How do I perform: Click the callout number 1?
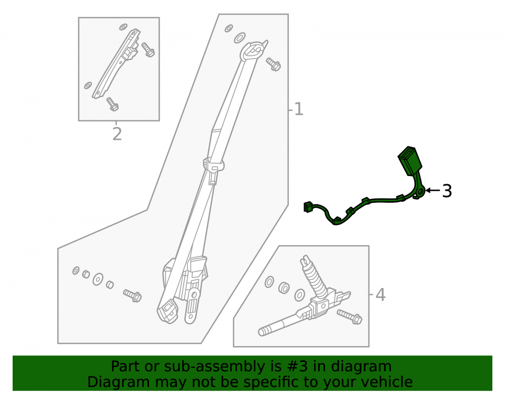pos(298,109)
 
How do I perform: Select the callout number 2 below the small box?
pos(117,134)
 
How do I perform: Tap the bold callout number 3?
pos(447,191)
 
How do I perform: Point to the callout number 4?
pos(380,295)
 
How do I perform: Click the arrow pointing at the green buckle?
pos(433,190)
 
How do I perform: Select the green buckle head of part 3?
pos(408,161)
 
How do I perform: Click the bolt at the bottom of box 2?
pos(113,104)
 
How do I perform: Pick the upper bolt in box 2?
pos(148,50)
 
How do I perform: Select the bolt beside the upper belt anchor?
pos(273,65)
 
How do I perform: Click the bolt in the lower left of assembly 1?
pos(132,295)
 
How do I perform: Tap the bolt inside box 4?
pos(350,317)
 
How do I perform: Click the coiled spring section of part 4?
pos(315,277)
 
